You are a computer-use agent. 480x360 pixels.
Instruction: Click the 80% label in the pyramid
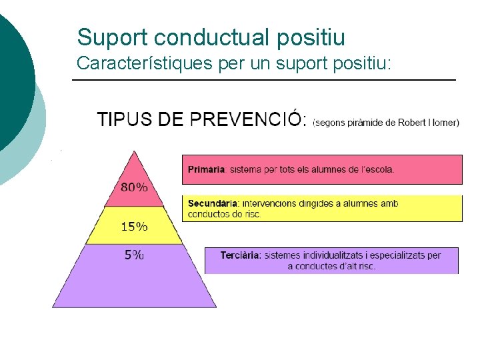(134, 187)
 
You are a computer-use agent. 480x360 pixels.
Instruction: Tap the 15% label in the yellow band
(134, 227)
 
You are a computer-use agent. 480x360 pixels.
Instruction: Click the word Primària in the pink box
(206, 169)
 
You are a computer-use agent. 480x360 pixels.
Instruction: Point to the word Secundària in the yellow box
(213, 203)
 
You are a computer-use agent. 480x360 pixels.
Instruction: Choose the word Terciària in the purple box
(240, 255)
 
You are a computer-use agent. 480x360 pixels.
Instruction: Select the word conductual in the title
(199, 37)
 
